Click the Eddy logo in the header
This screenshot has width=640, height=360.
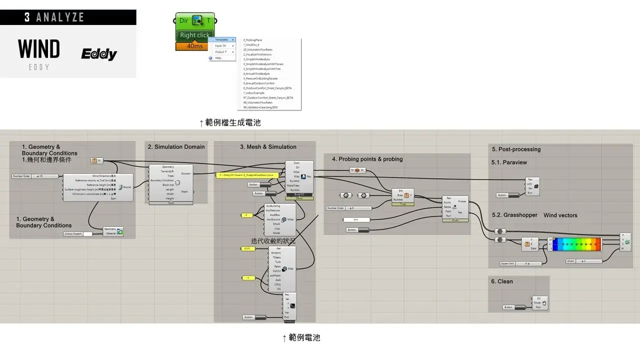[99, 54]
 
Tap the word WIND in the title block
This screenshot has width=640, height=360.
[38, 49]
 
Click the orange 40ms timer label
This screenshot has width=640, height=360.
[194, 46]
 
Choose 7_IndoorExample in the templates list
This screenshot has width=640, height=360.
[253, 92]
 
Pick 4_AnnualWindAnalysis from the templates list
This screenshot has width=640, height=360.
[256, 73]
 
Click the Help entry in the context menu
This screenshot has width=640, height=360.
[218, 58]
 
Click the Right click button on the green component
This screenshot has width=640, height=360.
[194, 35]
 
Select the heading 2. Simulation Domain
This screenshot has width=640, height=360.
[176, 147]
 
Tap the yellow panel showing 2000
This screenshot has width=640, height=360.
[247, 248]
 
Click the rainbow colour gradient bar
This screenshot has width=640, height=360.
[575, 244]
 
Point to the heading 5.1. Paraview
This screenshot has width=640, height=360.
[509, 162]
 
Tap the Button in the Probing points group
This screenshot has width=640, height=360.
[357, 230]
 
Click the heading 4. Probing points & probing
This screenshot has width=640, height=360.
[367, 159]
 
